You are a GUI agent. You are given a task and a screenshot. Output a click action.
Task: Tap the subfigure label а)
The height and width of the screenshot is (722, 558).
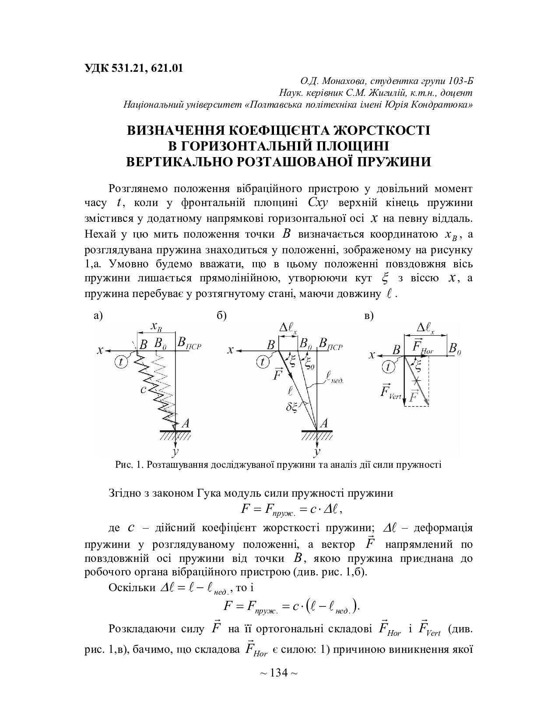tap(98, 316)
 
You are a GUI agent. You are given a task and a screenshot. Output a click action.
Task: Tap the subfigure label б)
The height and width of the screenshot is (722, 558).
tap(221, 316)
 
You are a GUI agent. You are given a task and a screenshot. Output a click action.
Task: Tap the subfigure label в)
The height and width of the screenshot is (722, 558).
tap(368, 316)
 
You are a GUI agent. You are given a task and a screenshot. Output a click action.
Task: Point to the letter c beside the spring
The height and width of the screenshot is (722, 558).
tap(143, 389)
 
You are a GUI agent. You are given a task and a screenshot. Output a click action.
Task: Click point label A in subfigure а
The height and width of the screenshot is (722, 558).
tap(185, 423)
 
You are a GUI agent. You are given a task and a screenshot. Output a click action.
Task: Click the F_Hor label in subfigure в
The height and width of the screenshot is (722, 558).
tap(423, 347)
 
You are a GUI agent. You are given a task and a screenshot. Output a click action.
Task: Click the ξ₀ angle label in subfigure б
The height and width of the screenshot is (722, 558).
tap(310, 364)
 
